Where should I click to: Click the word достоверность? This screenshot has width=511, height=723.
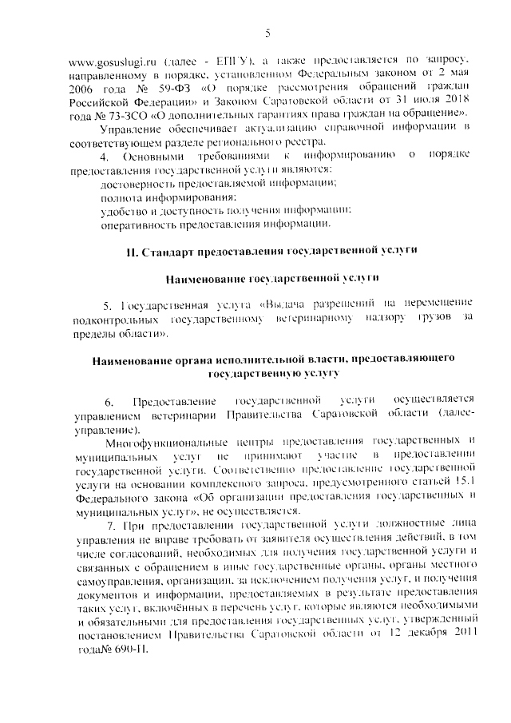pos(136,184)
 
